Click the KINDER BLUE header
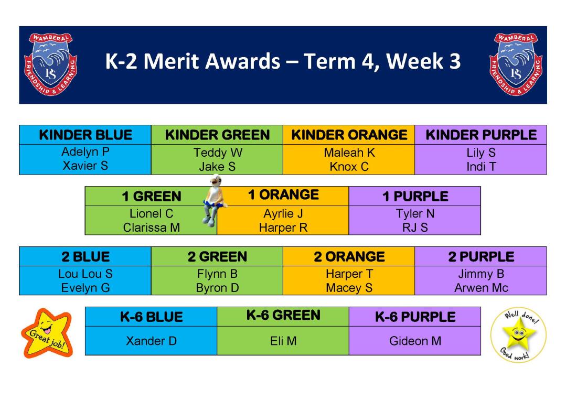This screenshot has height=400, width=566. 86,135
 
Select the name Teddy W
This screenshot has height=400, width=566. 218,153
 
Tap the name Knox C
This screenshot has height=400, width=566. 349,167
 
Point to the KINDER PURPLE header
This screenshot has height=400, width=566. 481,135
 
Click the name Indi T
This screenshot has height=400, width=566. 481,167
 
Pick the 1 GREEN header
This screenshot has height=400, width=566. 152,197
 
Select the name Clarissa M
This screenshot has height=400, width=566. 152,228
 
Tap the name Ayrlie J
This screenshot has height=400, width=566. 283,214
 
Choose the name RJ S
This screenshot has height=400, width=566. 415,228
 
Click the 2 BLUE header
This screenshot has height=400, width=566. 86,257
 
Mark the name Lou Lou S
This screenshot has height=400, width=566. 86,274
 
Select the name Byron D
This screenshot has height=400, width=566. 217,288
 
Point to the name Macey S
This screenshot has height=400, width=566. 349,288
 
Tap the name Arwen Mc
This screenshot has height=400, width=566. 481,288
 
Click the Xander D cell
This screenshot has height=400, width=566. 151,341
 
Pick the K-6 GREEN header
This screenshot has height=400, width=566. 283,315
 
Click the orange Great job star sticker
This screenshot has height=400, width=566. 47,333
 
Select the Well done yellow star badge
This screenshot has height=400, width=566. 518,334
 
